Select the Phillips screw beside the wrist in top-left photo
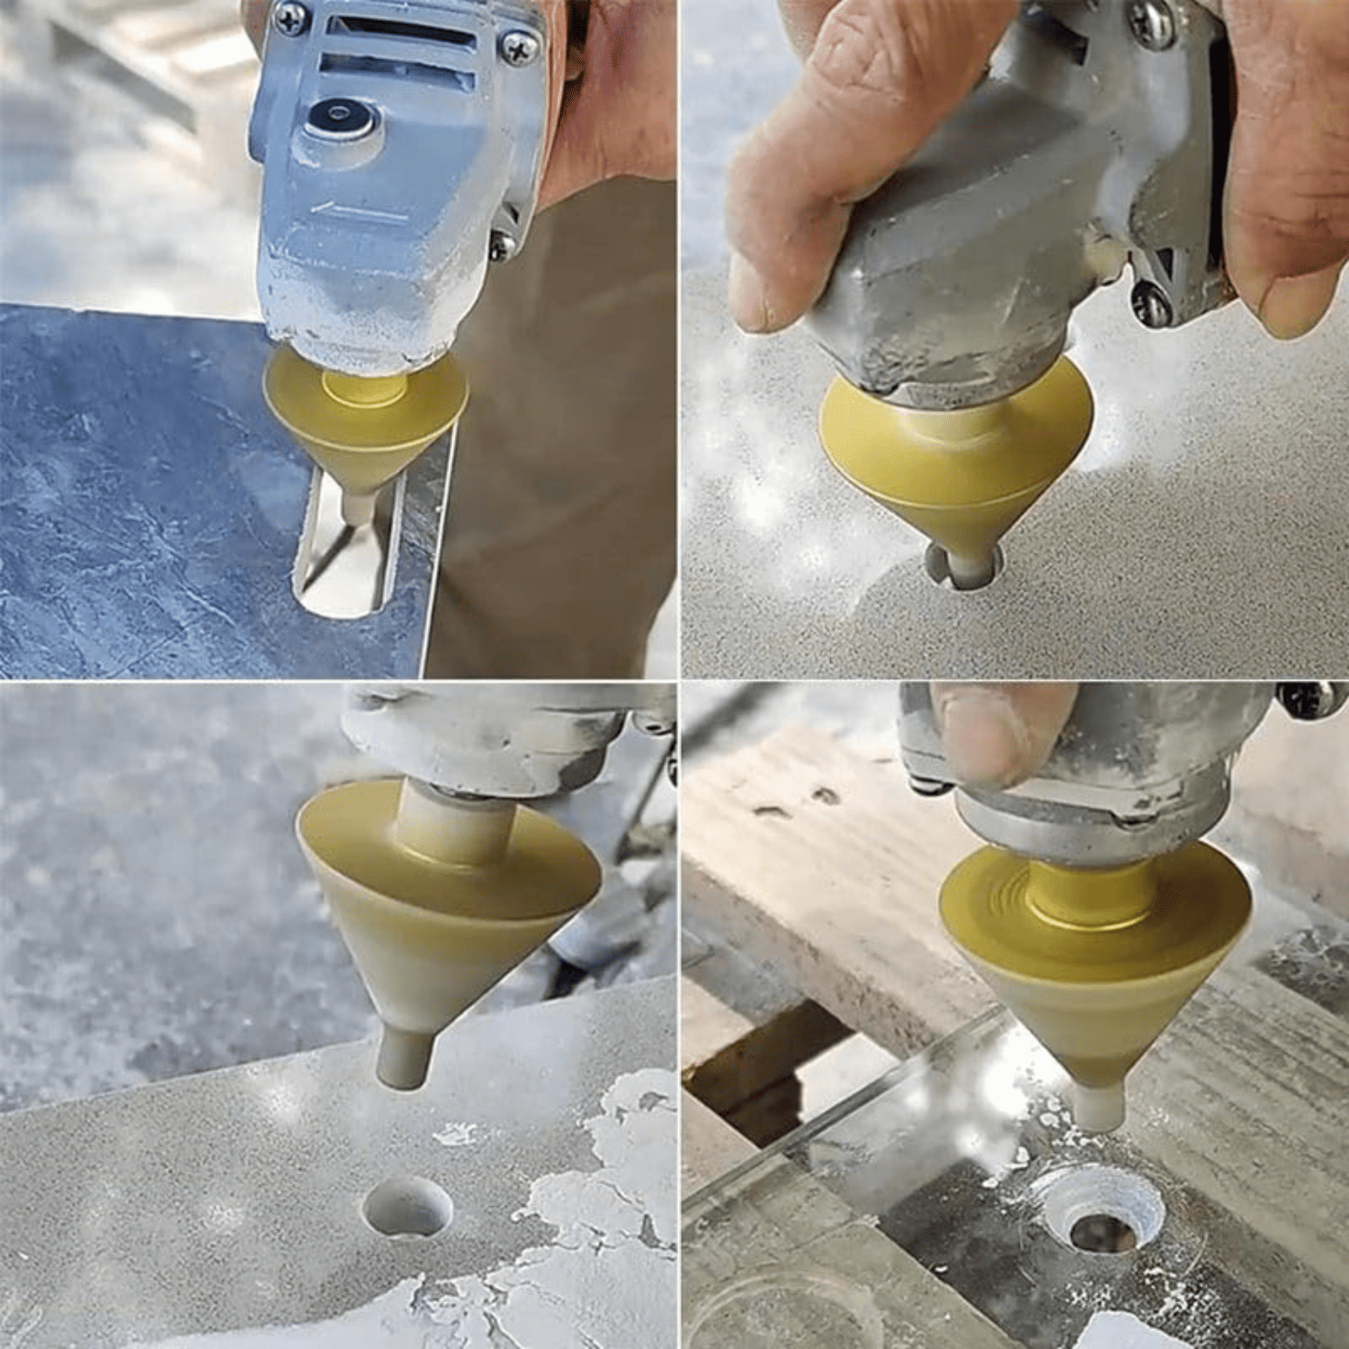[521, 48]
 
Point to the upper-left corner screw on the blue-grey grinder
[290, 19]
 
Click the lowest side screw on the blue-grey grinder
[501, 242]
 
